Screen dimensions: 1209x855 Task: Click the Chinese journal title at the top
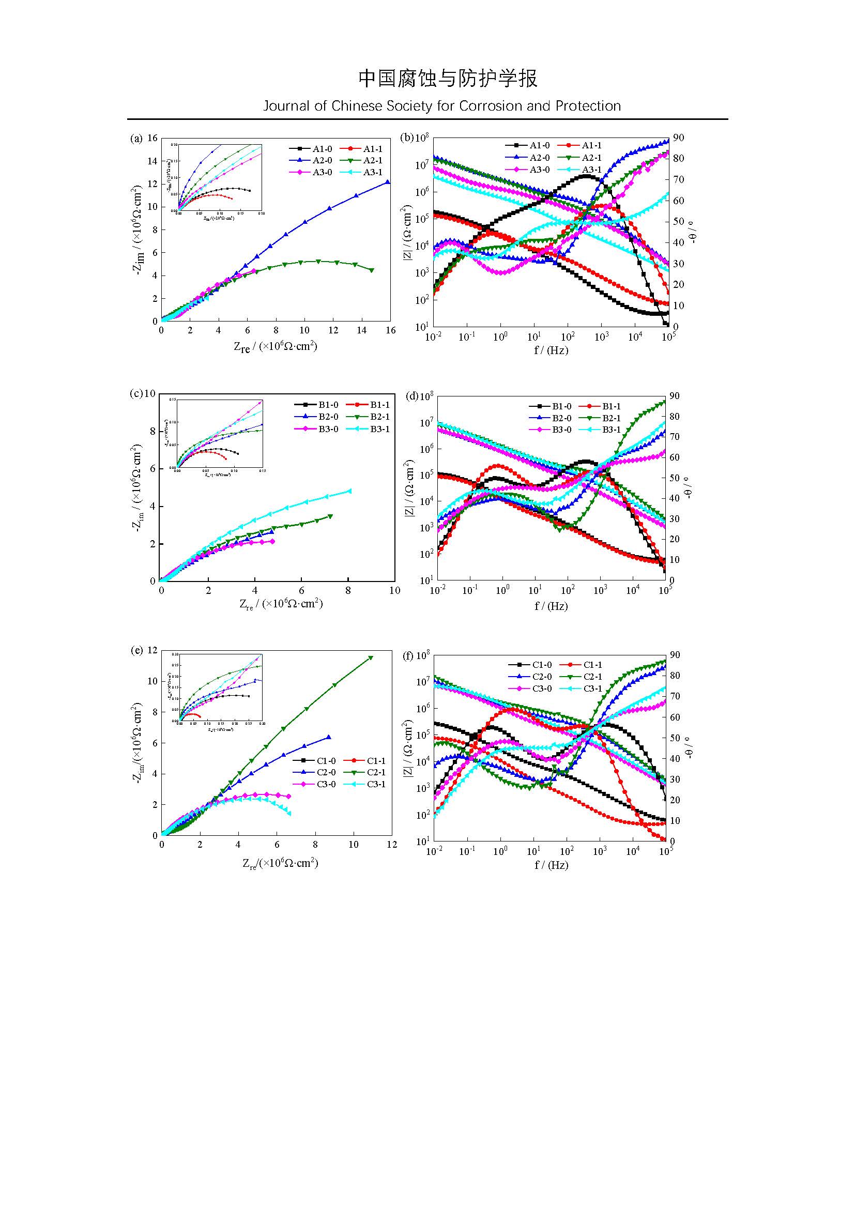point(448,79)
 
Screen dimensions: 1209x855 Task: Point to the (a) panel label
point(136,139)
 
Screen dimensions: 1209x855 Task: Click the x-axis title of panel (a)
point(276,346)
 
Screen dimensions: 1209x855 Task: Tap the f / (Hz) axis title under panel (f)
point(551,865)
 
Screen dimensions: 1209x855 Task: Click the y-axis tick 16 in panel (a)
point(152,138)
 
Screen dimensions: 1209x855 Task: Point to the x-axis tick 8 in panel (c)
point(348,590)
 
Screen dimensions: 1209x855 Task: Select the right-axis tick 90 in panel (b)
point(678,138)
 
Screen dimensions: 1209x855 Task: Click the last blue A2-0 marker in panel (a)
point(388,182)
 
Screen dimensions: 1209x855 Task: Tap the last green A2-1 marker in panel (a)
point(372,270)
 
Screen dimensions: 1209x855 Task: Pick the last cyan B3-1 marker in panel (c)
point(349,491)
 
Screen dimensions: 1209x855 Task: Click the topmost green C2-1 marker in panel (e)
point(371,657)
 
